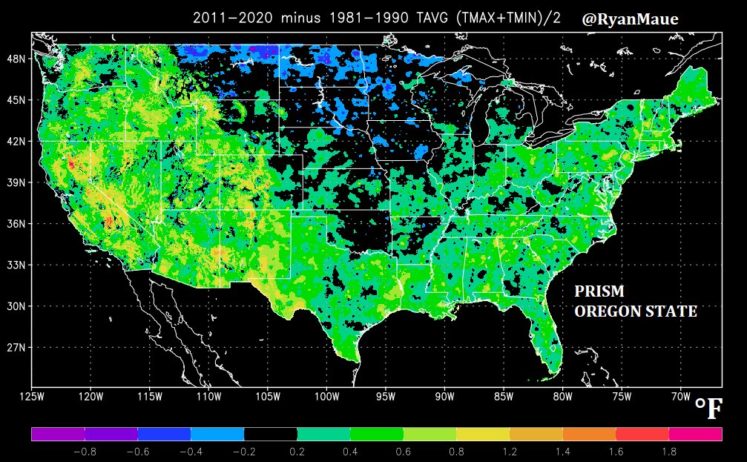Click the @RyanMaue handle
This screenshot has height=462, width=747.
tap(630, 19)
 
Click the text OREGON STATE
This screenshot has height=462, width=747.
tap(635, 311)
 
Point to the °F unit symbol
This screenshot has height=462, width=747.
tap(708, 409)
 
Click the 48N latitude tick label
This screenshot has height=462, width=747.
tap(19, 58)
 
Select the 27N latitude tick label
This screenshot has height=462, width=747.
tap(19, 347)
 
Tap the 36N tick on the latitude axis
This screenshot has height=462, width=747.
tap(19, 223)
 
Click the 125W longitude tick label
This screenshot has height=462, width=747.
tap(31, 397)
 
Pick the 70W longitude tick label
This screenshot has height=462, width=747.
tap(680, 397)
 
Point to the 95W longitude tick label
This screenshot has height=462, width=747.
tap(385, 397)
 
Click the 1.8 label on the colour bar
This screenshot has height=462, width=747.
tap(669, 451)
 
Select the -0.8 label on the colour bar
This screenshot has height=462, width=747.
tap(85, 451)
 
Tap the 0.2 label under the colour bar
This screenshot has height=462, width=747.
tap(297, 451)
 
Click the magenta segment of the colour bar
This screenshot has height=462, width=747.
tap(695, 434)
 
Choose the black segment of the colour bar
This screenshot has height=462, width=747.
tap(270, 434)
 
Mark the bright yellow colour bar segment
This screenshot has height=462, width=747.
tap(482, 434)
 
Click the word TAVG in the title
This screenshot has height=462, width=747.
tap(425, 19)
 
